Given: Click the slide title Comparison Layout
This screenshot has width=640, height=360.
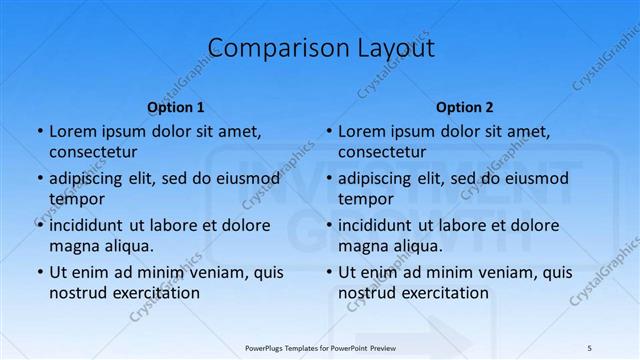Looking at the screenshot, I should pos(320,47).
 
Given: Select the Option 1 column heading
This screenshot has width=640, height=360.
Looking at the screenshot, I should pos(176,107).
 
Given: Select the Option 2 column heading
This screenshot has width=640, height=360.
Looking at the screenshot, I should pos(465,107).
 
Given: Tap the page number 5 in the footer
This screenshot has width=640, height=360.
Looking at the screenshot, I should pos(589,346).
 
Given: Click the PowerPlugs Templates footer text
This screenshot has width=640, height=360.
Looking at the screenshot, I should pos(320,346).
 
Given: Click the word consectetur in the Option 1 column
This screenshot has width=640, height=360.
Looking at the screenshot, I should pos(93,152).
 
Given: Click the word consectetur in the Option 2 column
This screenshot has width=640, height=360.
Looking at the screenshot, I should pos(382,152).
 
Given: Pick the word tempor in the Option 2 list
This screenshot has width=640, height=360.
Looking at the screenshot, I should pos(366,199).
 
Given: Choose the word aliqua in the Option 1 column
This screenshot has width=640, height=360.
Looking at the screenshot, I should pos(127,245).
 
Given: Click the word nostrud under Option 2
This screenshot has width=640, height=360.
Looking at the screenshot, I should pos(366,292).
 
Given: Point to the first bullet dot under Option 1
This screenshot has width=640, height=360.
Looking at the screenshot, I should pos(39,132).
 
